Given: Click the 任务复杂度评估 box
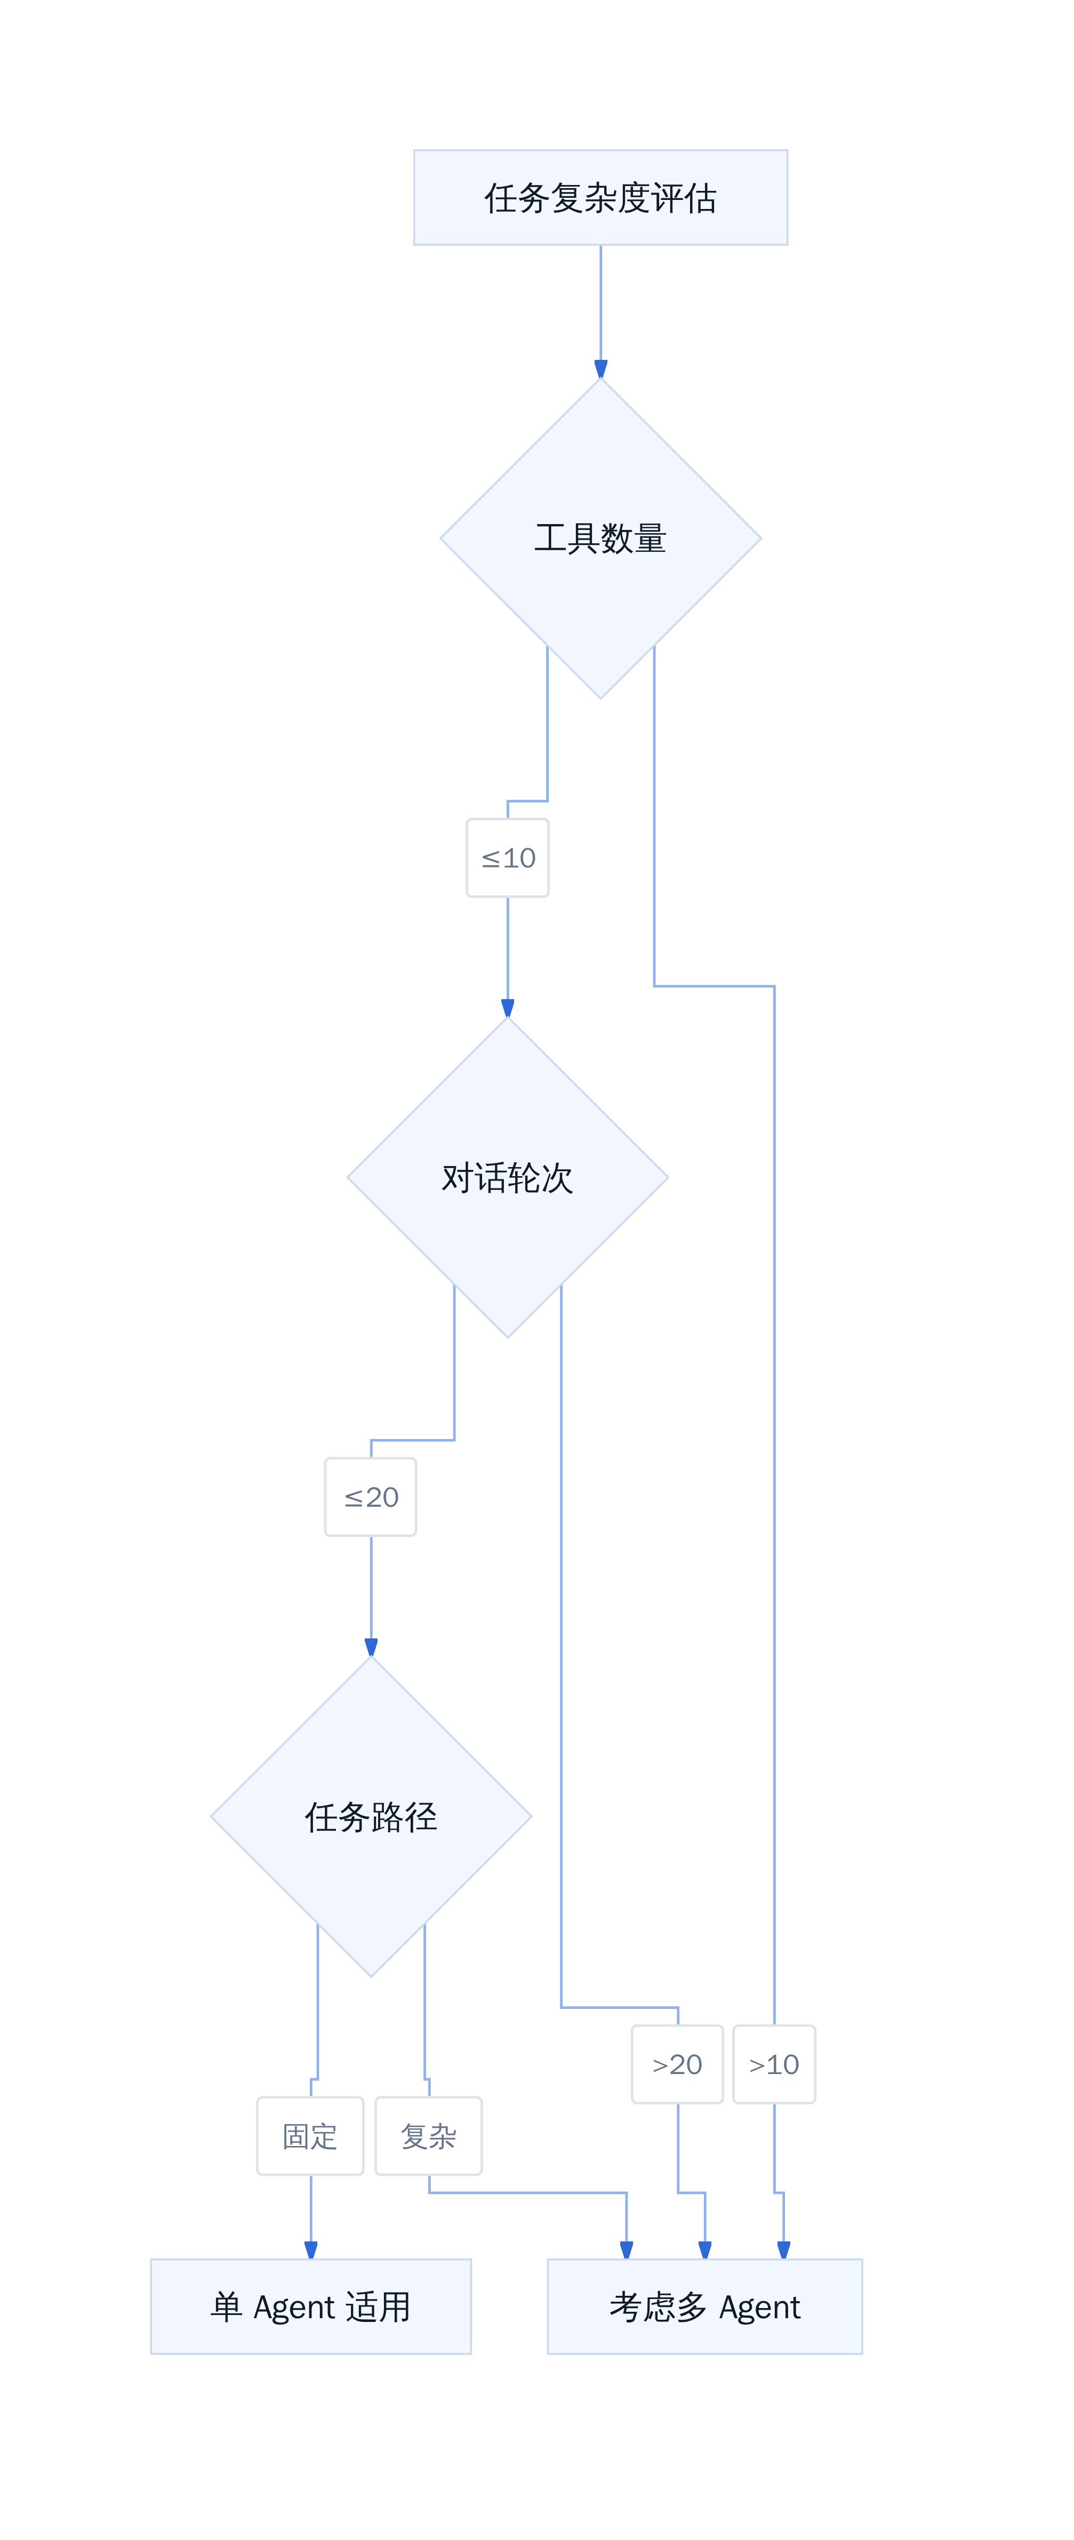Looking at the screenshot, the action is click(x=600, y=197).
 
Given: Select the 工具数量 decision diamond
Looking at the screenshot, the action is click(x=600, y=538).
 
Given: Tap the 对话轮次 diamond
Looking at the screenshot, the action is click(x=508, y=1177).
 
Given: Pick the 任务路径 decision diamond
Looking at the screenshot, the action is click(x=371, y=1816).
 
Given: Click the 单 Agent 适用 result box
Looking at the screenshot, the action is click(x=311, y=2306).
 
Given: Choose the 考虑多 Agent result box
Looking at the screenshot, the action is click(x=705, y=2306).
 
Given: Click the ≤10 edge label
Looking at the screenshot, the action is click(x=508, y=858).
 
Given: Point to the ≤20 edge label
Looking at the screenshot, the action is click(x=371, y=1497).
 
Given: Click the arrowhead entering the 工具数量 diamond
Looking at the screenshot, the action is click(x=600, y=370).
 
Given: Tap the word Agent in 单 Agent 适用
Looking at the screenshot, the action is click(x=294, y=2308).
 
